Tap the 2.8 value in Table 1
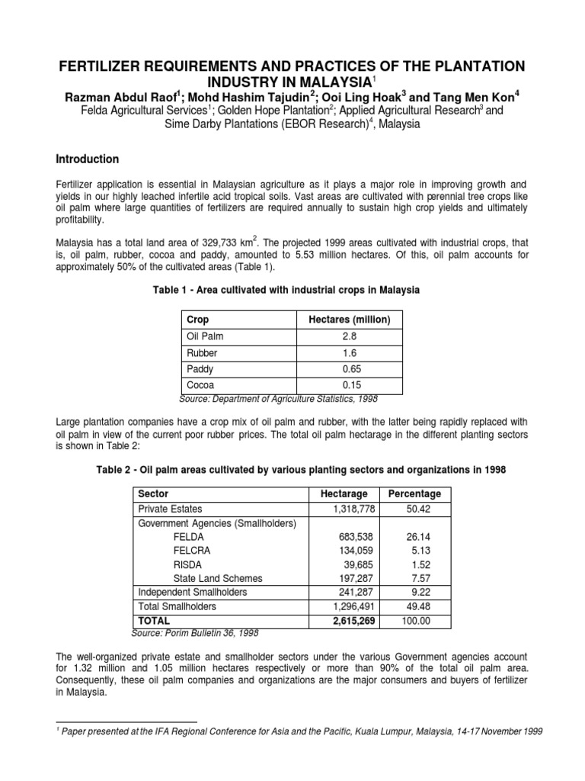pyautogui.click(x=349, y=336)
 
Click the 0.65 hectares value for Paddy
pyautogui.click(x=349, y=370)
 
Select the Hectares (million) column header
pyautogui.click(x=349, y=320)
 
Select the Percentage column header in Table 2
pyautogui.click(x=414, y=494)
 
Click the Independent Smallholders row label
pyautogui.click(x=193, y=592)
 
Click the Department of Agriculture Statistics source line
pyautogui.click(x=277, y=398)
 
